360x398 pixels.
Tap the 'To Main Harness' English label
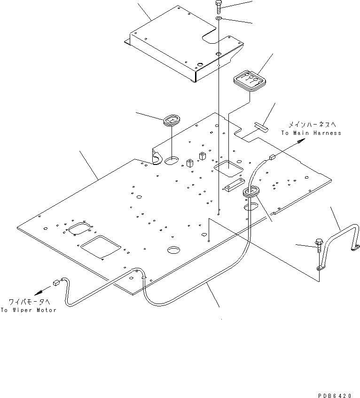coord(311,133)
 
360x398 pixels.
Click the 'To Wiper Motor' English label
coord(28,310)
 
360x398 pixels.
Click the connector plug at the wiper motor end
coord(56,283)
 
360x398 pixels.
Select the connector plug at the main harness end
coord(272,158)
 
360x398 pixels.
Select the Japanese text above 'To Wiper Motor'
coord(28,302)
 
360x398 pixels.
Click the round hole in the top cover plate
coord(200,63)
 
